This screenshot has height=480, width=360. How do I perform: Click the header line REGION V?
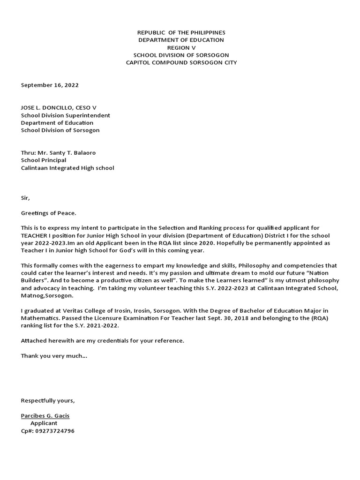(181, 48)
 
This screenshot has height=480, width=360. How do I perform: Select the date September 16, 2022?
(50, 85)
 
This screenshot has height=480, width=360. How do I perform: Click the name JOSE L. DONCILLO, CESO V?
(59, 108)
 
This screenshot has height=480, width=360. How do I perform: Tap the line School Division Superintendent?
(66, 115)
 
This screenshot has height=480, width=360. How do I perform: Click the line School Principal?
(44, 160)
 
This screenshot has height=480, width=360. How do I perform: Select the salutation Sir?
(25, 198)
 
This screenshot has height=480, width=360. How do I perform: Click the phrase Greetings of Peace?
(48, 213)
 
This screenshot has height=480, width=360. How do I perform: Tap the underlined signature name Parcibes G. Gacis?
(45, 416)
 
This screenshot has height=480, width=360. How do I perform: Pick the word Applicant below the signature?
(44, 423)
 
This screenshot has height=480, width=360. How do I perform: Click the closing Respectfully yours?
(48, 401)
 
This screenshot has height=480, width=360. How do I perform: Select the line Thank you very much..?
(54, 356)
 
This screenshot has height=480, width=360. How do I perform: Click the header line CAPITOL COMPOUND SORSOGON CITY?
(181, 63)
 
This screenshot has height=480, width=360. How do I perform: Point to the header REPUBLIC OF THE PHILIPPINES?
(181, 33)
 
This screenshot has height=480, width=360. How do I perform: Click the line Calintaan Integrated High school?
(67, 168)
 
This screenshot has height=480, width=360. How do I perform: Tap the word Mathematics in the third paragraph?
(40, 318)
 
